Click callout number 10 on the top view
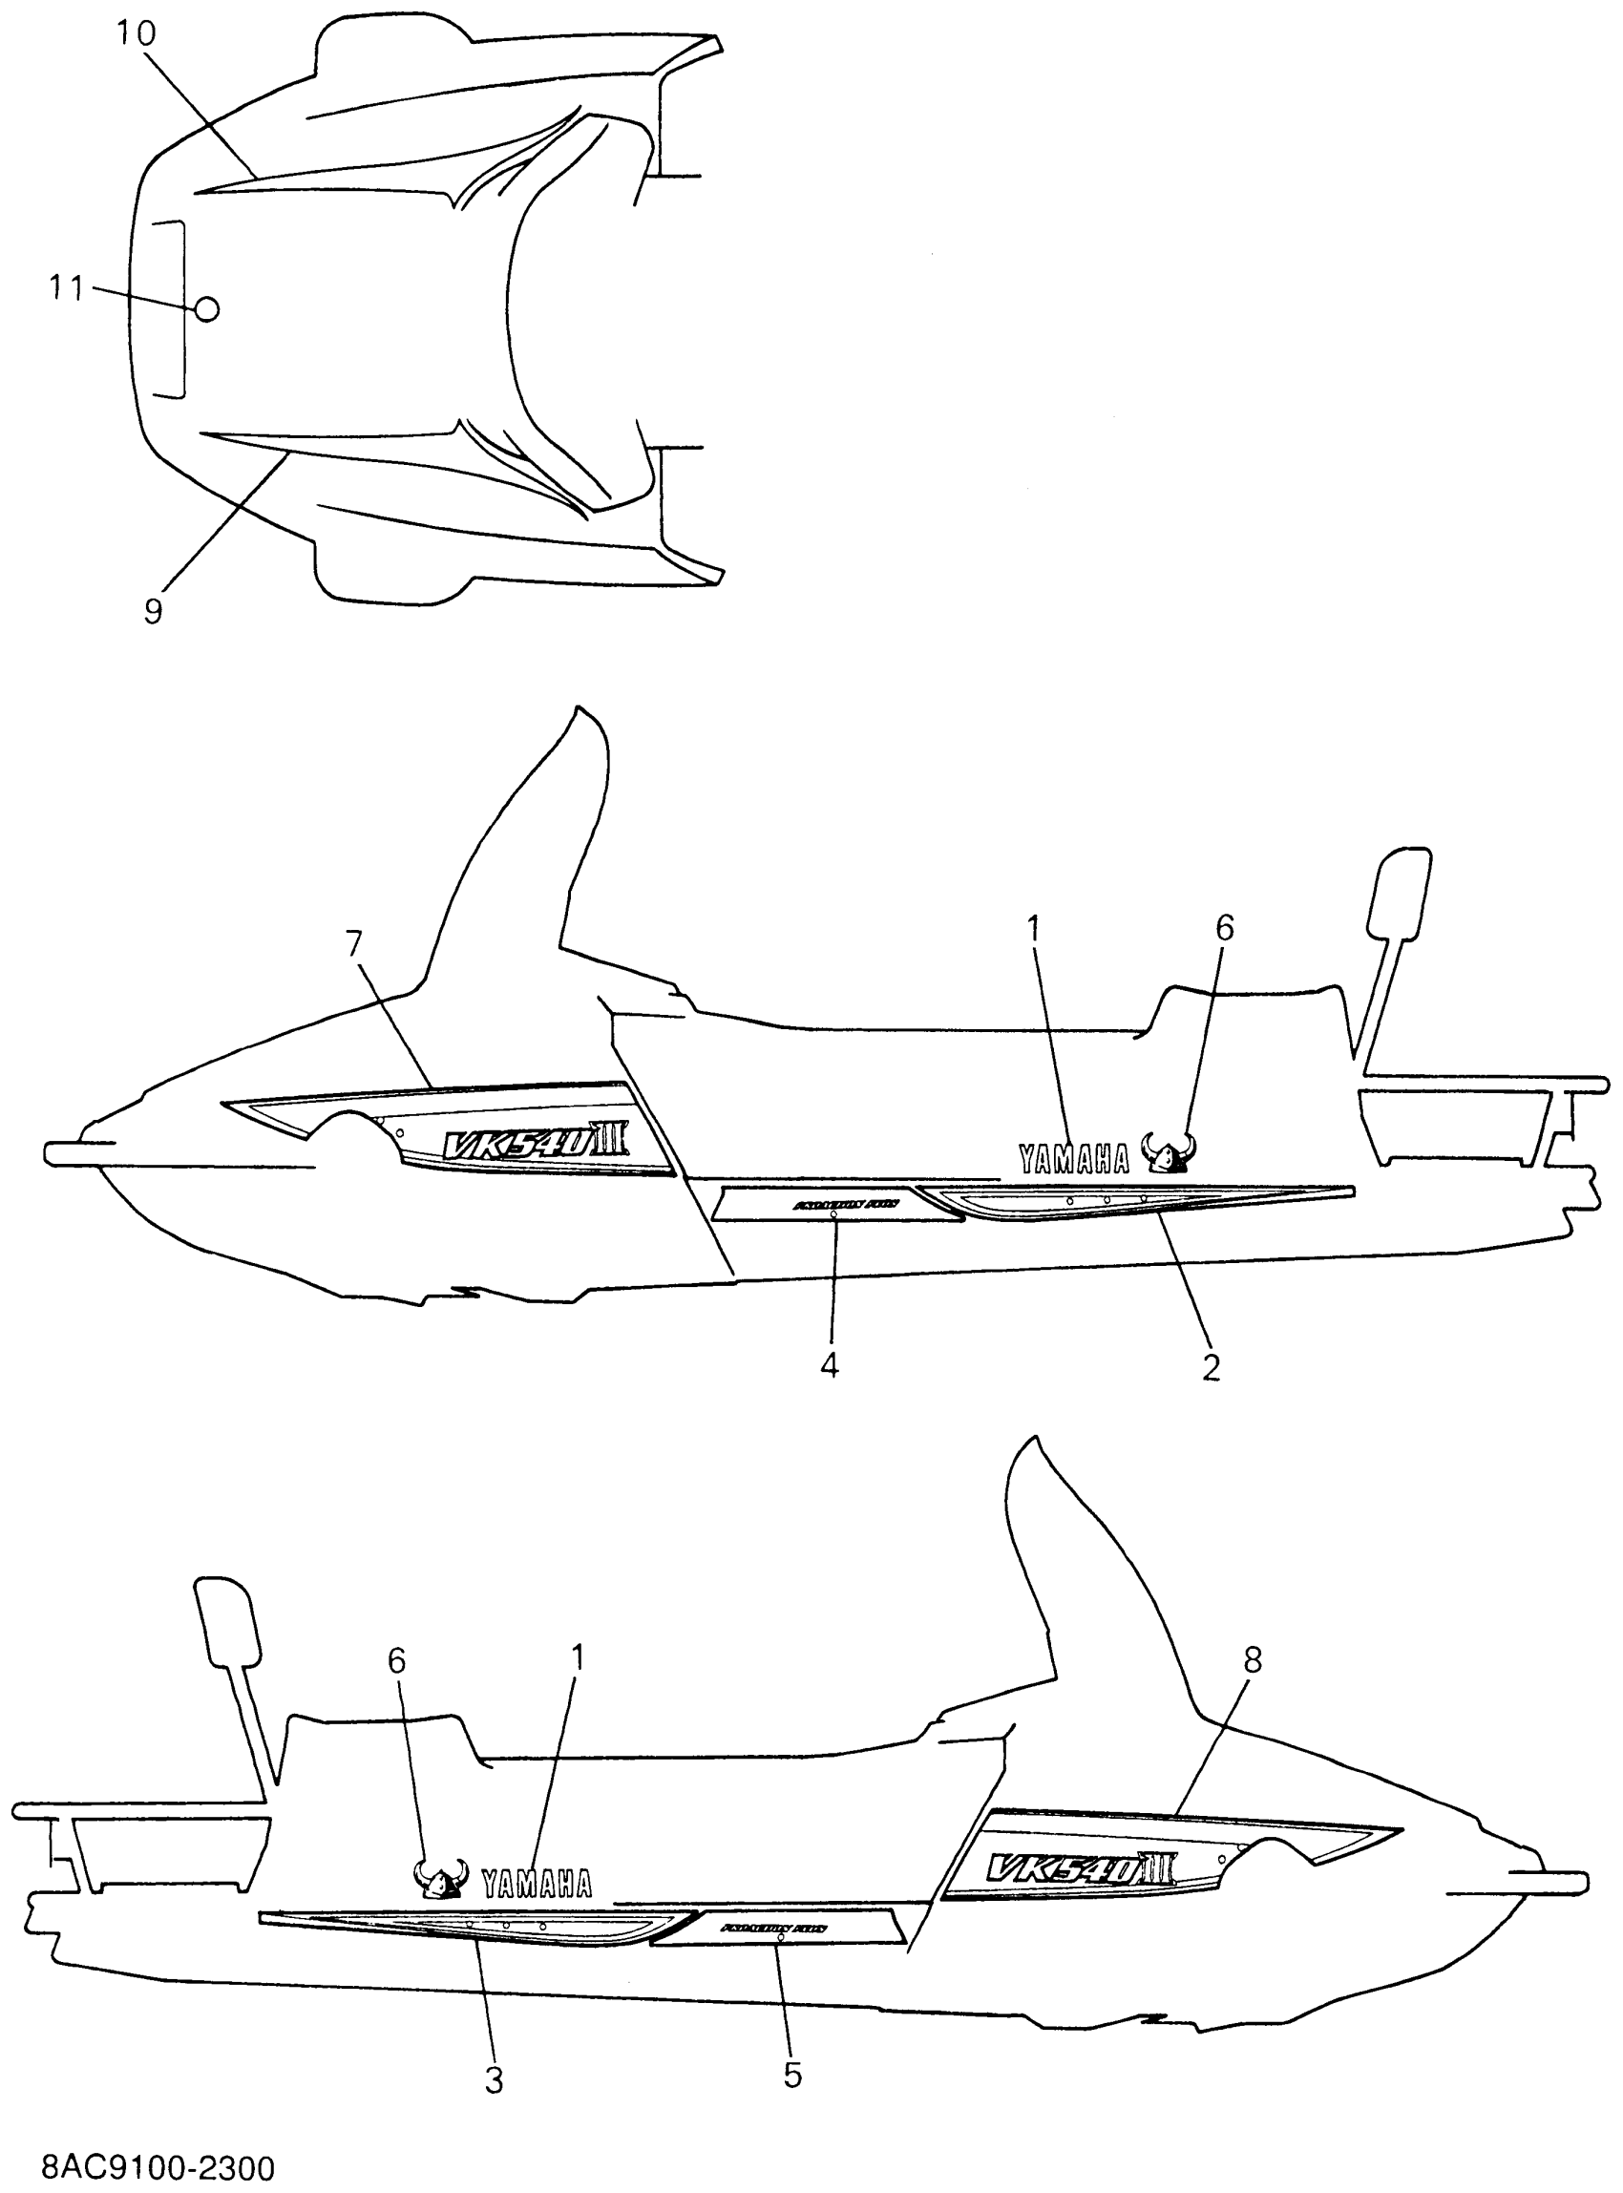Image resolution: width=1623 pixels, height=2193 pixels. click(x=137, y=34)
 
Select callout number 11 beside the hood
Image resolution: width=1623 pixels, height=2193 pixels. click(x=66, y=289)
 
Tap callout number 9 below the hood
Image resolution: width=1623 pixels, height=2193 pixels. click(x=154, y=612)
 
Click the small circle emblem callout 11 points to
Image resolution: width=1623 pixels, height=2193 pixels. click(x=206, y=309)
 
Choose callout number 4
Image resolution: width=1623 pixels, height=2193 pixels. click(x=831, y=1364)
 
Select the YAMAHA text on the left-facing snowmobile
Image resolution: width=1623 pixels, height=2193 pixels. click(x=1074, y=1160)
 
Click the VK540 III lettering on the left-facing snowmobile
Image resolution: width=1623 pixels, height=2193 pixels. click(x=531, y=1144)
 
